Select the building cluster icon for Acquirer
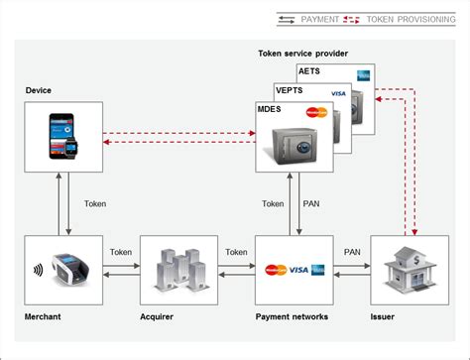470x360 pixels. tap(178, 268)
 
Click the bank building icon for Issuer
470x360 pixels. tap(407, 267)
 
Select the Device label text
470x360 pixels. tap(39, 90)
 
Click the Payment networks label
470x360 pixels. tap(292, 317)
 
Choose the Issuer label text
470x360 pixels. tap(383, 317)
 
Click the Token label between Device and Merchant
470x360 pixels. tap(95, 204)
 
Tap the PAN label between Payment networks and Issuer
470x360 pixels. tap(352, 252)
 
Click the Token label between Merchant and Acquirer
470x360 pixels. tap(120, 252)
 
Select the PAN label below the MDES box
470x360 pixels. tap(309, 204)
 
